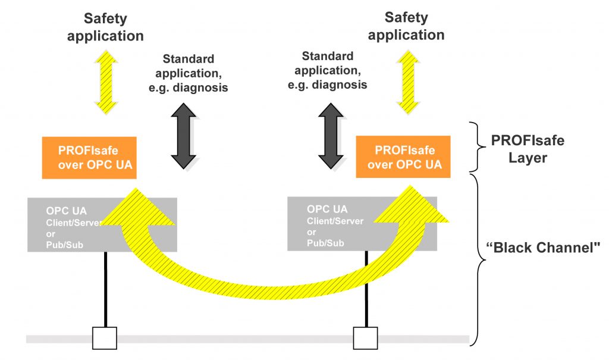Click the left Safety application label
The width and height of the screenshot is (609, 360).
pyautogui.click(x=105, y=27)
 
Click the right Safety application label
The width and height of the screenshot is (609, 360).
pyautogui.click(x=406, y=27)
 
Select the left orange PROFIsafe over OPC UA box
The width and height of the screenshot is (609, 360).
pyautogui.click(x=89, y=158)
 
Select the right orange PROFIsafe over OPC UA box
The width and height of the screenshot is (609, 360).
pyautogui.click(x=403, y=157)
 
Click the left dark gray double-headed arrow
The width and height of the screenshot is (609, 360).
pyautogui.click(x=183, y=135)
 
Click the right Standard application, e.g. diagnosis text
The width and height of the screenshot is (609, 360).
pyautogui.click(x=327, y=70)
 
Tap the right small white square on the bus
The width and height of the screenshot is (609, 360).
pyautogui.click(x=365, y=337)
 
